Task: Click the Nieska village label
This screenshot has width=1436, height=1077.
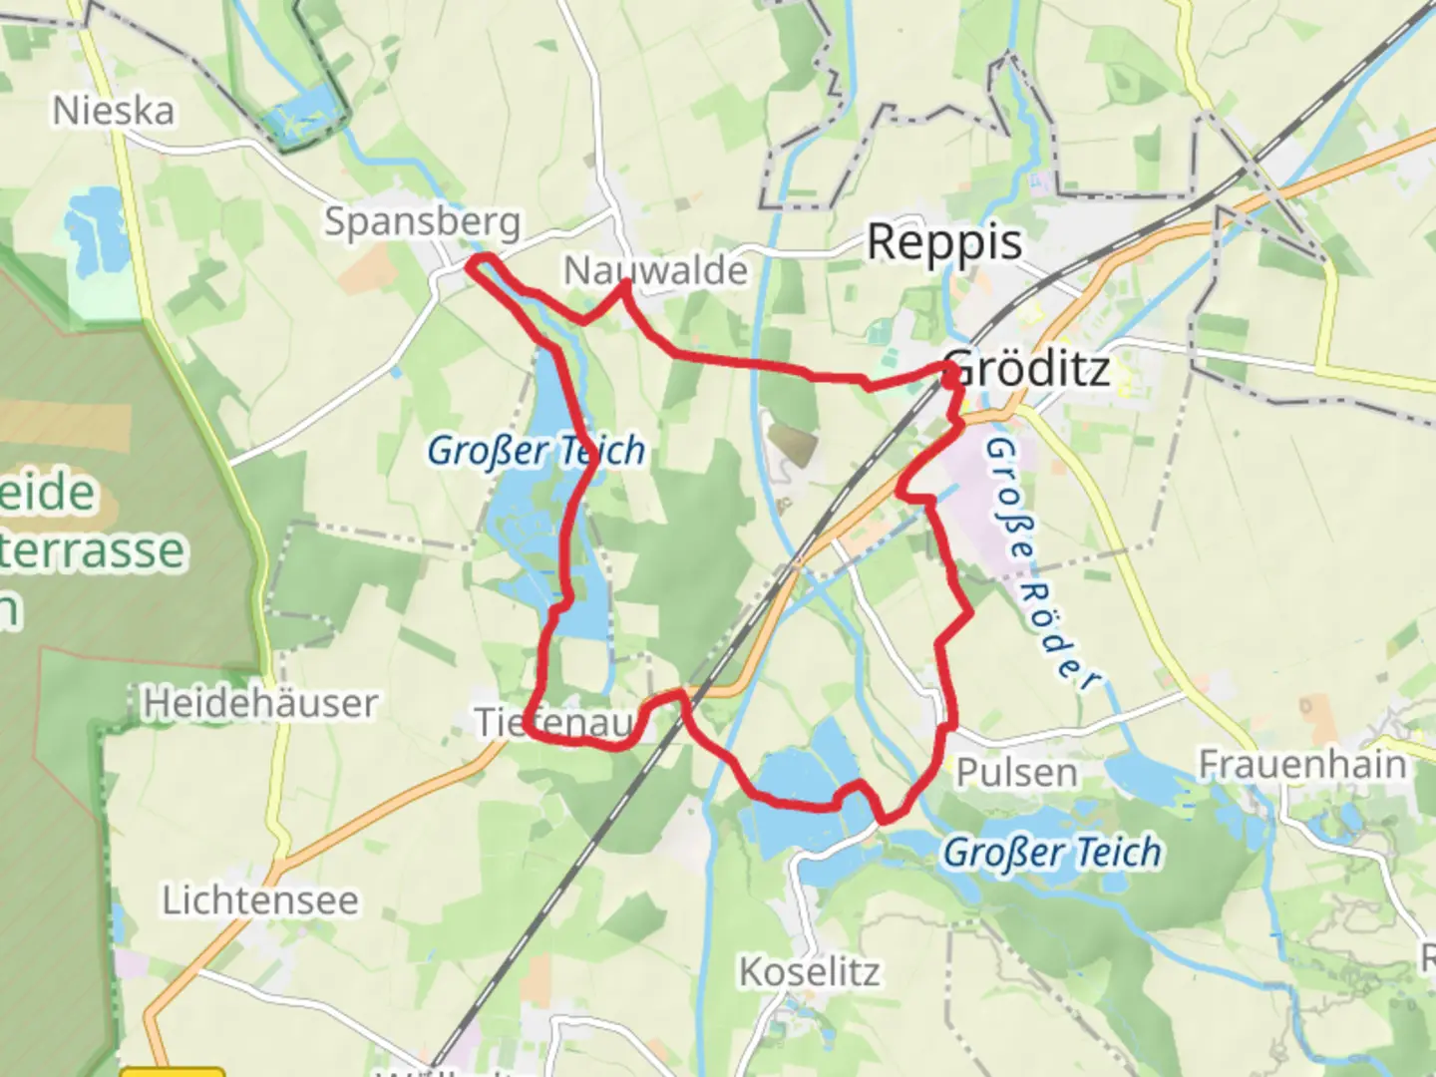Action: click(x=113, y=111)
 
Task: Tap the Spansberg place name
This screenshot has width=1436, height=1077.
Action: click(x=422, y=221)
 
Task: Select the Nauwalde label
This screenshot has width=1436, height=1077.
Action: click(x=655, y=270)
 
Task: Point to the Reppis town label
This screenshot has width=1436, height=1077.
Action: click(x=943, y=242)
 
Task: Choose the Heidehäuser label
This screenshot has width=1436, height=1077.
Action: click(x=259, y=704)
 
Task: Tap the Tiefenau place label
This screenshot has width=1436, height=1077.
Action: click(x=553, y=722)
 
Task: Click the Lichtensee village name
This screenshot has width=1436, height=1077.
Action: click(x=260, y=900)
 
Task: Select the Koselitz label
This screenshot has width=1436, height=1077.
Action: click(x=809, y=971)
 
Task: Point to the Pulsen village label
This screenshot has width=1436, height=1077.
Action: click(x=1016, y=773)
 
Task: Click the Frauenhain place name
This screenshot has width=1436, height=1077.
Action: click(x=1301, y=765)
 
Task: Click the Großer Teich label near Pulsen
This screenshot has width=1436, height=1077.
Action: click(x=1052, y=853)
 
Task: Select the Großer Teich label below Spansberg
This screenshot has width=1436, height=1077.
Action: click(x=536, y=451)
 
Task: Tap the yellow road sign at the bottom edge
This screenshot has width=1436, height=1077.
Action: click(x=172, y=1072)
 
